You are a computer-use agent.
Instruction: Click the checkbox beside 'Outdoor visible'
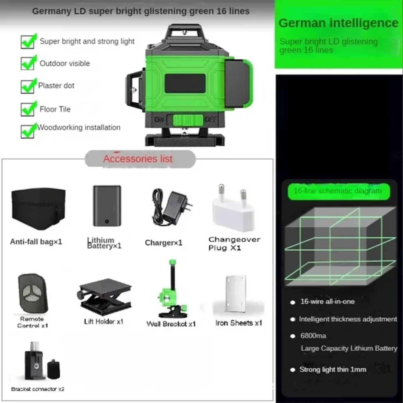click(x=28, y=64)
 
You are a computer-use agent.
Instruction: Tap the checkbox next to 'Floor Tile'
click(x=28, y=109)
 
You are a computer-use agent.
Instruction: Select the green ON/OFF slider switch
click(x=188, y=120)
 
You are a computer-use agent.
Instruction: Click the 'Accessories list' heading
click(x=138, y=159)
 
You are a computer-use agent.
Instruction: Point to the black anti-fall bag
click(x=38, y=208)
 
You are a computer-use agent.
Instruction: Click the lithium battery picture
click(x=107, y=206)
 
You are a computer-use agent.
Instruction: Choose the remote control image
click(x=33, y=293)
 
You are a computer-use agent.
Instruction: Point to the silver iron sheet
click(x=236, y=293)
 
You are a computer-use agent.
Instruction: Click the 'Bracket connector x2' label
click(x=38, y=389)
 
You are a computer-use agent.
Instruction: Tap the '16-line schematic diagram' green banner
click(x=338, y=191)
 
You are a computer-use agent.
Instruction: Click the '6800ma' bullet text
click(x=313, y=336)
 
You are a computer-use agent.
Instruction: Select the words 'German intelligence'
click(x=338, y=23)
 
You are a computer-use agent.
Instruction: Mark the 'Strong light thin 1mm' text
click(x=333, y=370)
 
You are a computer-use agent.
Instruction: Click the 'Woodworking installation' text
click(x=79, y=127)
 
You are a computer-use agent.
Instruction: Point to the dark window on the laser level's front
click(x=185, y=84)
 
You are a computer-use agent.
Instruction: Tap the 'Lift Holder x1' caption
click(x=104, y=322)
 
